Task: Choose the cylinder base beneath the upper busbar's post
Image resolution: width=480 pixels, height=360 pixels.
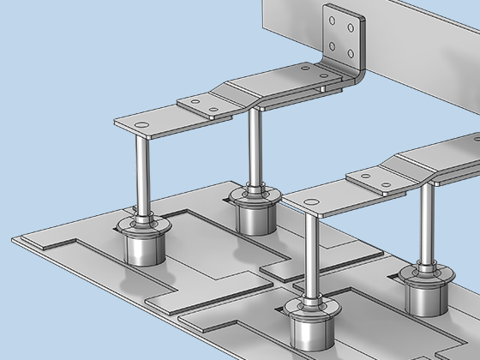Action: click(254, 219)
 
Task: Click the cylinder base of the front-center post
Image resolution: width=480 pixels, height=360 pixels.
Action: click(310, 331)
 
